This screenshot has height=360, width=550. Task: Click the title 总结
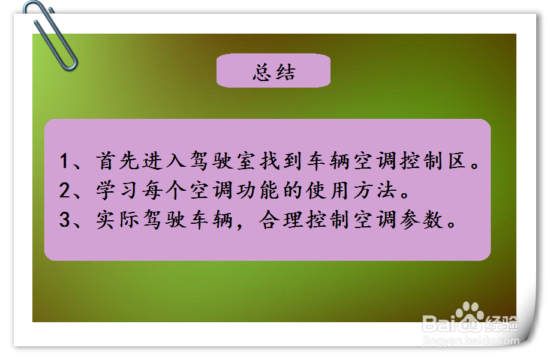[274, 73]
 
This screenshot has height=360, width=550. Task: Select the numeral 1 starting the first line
[65, 161]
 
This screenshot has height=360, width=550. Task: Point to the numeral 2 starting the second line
[65, 191]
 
